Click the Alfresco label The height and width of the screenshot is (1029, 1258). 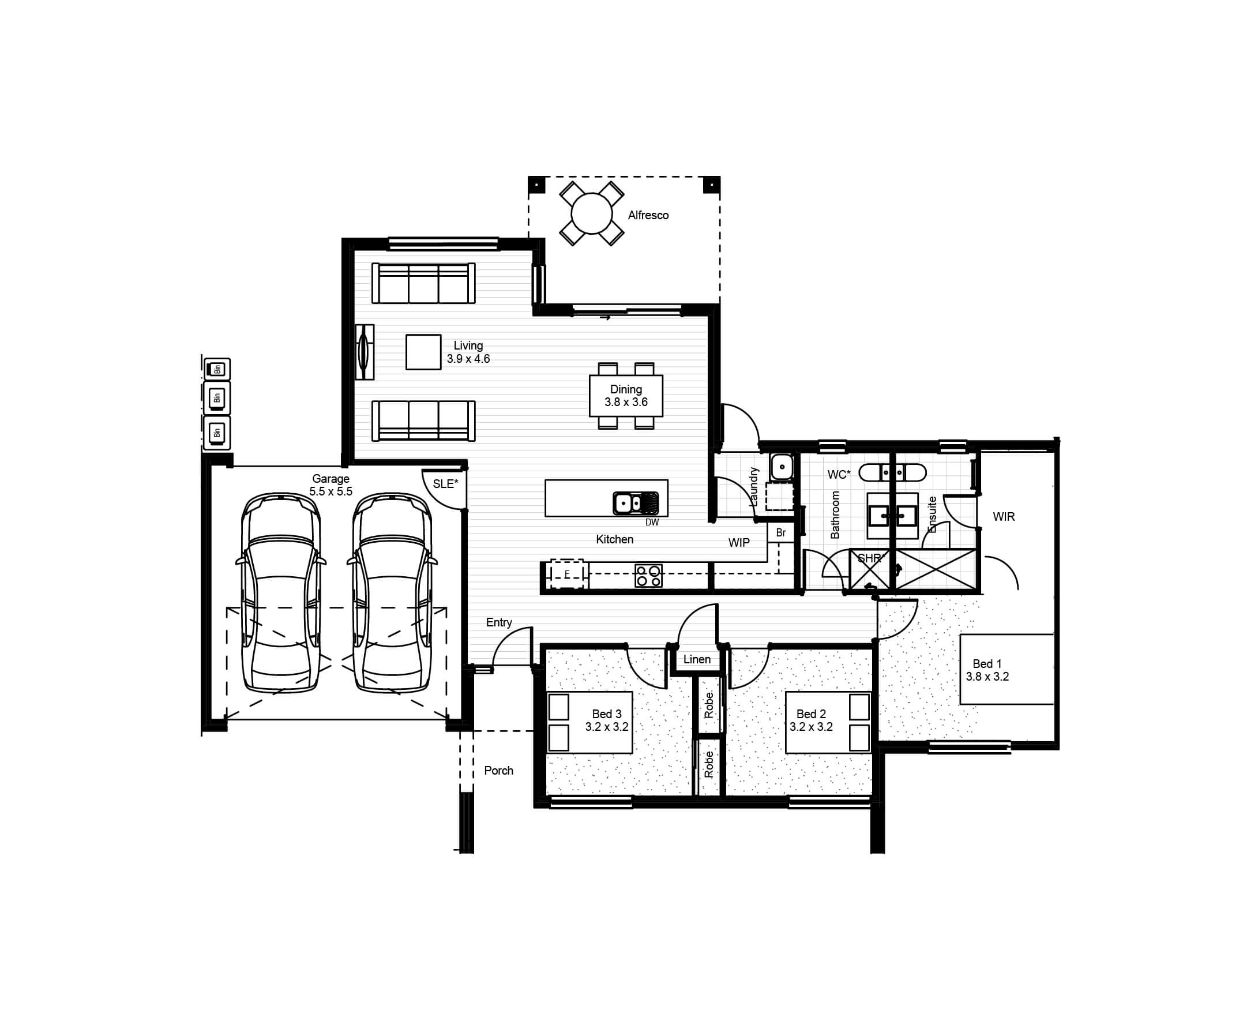[648, 215]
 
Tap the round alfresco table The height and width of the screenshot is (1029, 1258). [592, 213]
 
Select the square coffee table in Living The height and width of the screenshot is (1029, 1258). [423, 352]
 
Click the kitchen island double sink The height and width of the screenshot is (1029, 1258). [636, 503]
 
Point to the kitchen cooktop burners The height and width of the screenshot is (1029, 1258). [648, 576]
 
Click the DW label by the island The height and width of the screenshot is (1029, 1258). [652, 522]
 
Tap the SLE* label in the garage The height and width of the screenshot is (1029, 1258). [445, 484]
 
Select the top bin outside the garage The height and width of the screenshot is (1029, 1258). [216, 369]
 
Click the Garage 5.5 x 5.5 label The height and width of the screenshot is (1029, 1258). [331, 485]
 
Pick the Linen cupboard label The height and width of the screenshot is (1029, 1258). [697, 659]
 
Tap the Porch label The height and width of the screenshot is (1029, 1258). [498, 771]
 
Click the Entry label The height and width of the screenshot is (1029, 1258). [498, 622]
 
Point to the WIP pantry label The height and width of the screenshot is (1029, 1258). [739, 542]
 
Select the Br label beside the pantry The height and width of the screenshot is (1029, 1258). [781, 533]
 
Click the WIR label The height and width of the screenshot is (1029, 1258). [1004, 517]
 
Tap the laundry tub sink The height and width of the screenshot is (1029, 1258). [782, 467]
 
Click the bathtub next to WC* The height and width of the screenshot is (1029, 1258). [892, 473]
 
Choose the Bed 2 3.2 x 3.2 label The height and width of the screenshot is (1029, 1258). [811, 721]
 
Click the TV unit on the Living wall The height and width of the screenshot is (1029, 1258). [364, 352]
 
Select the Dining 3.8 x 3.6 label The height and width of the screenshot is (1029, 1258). [626, 395]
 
